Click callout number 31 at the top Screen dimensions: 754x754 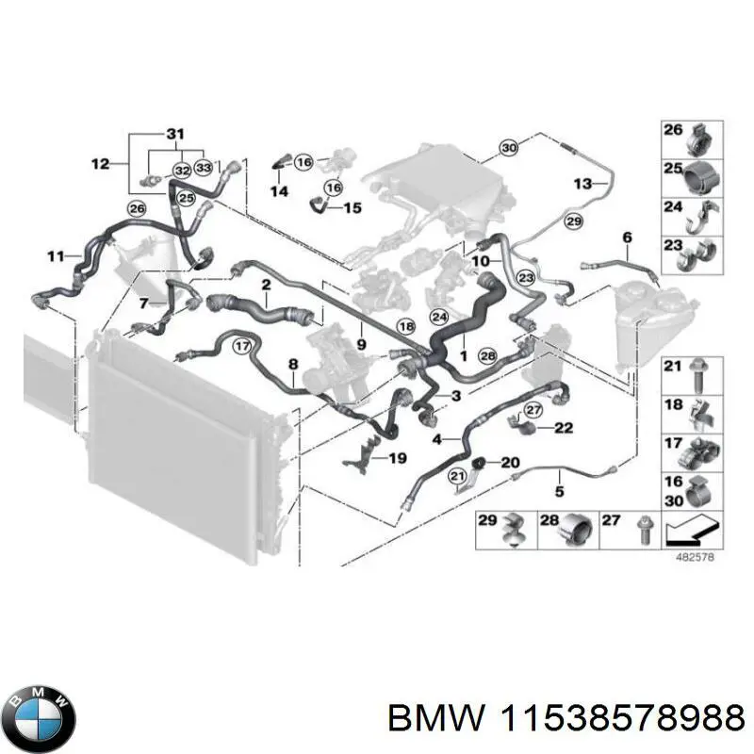(x=175, y=133)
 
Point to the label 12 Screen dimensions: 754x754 (x=101, y=164)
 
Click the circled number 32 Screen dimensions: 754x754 (x=182, y=171)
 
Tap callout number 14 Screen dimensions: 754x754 (x=279, y=191)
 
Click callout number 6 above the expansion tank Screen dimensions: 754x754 (x=627, y=236)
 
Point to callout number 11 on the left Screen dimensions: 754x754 (x=57, y=255)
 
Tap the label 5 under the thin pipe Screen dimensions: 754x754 (x=558, y=491)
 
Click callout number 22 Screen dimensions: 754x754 (x=564, y=428)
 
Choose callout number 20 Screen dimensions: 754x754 (x=510, y=462)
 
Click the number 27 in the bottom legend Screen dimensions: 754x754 (x=610, y=520)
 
